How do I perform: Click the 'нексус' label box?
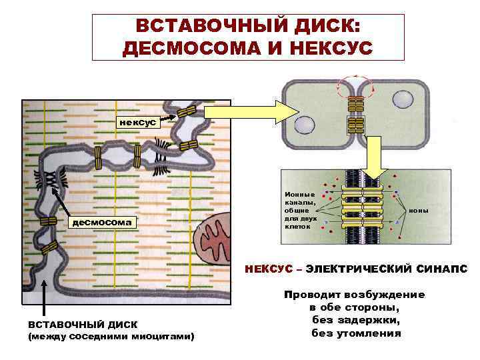137,122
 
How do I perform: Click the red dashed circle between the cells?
356,86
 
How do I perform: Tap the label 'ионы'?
419,210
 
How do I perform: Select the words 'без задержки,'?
356,320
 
